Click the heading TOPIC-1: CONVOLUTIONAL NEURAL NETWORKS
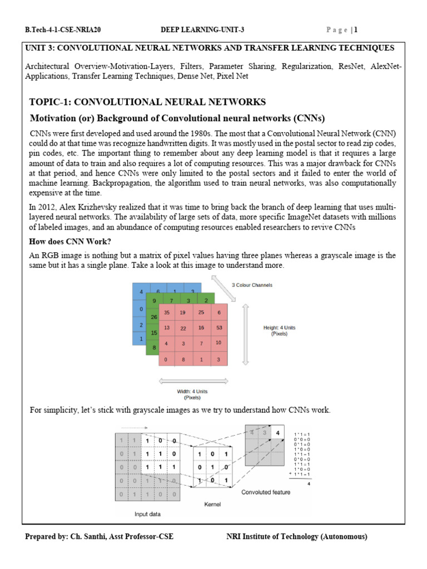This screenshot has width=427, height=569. (x=147, y=102)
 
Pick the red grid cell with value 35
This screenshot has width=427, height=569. (x=167, y=312)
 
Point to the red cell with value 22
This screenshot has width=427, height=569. (x=183, y=328)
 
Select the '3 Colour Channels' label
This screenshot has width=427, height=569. (x=252, y=285)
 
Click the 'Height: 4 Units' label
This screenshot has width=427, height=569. (x=279, y=328)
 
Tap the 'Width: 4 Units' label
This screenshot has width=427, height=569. (x=192, y=392)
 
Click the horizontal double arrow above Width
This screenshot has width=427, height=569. (x=193, y=381)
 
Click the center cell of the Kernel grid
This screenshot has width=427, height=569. (x=212, y=468)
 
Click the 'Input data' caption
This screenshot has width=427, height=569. (x=148, y=514)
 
